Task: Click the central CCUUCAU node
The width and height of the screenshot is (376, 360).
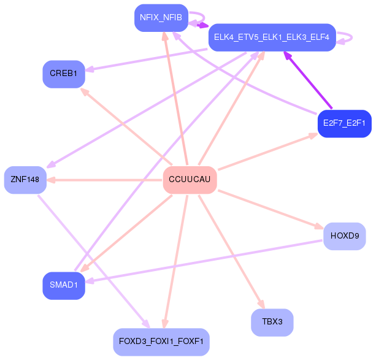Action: click(190, 180)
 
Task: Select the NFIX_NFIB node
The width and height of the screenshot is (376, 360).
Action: click(161, 17)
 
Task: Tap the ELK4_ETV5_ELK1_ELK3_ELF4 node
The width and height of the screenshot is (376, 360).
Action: click(272, 37)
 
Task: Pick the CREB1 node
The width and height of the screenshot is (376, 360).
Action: click(63, 74)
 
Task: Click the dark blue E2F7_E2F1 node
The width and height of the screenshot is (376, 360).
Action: click(344, 123)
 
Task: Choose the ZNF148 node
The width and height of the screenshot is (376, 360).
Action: click(25, 180)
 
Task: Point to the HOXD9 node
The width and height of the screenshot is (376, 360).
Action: click(344, 236)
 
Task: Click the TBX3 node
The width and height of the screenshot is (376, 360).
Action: click(272, 322)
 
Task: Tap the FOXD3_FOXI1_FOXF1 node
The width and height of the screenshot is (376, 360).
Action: click(161, 342)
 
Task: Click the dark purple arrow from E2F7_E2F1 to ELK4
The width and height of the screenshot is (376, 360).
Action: click(308, 80)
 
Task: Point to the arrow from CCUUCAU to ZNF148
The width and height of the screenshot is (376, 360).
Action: click(104, 180)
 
